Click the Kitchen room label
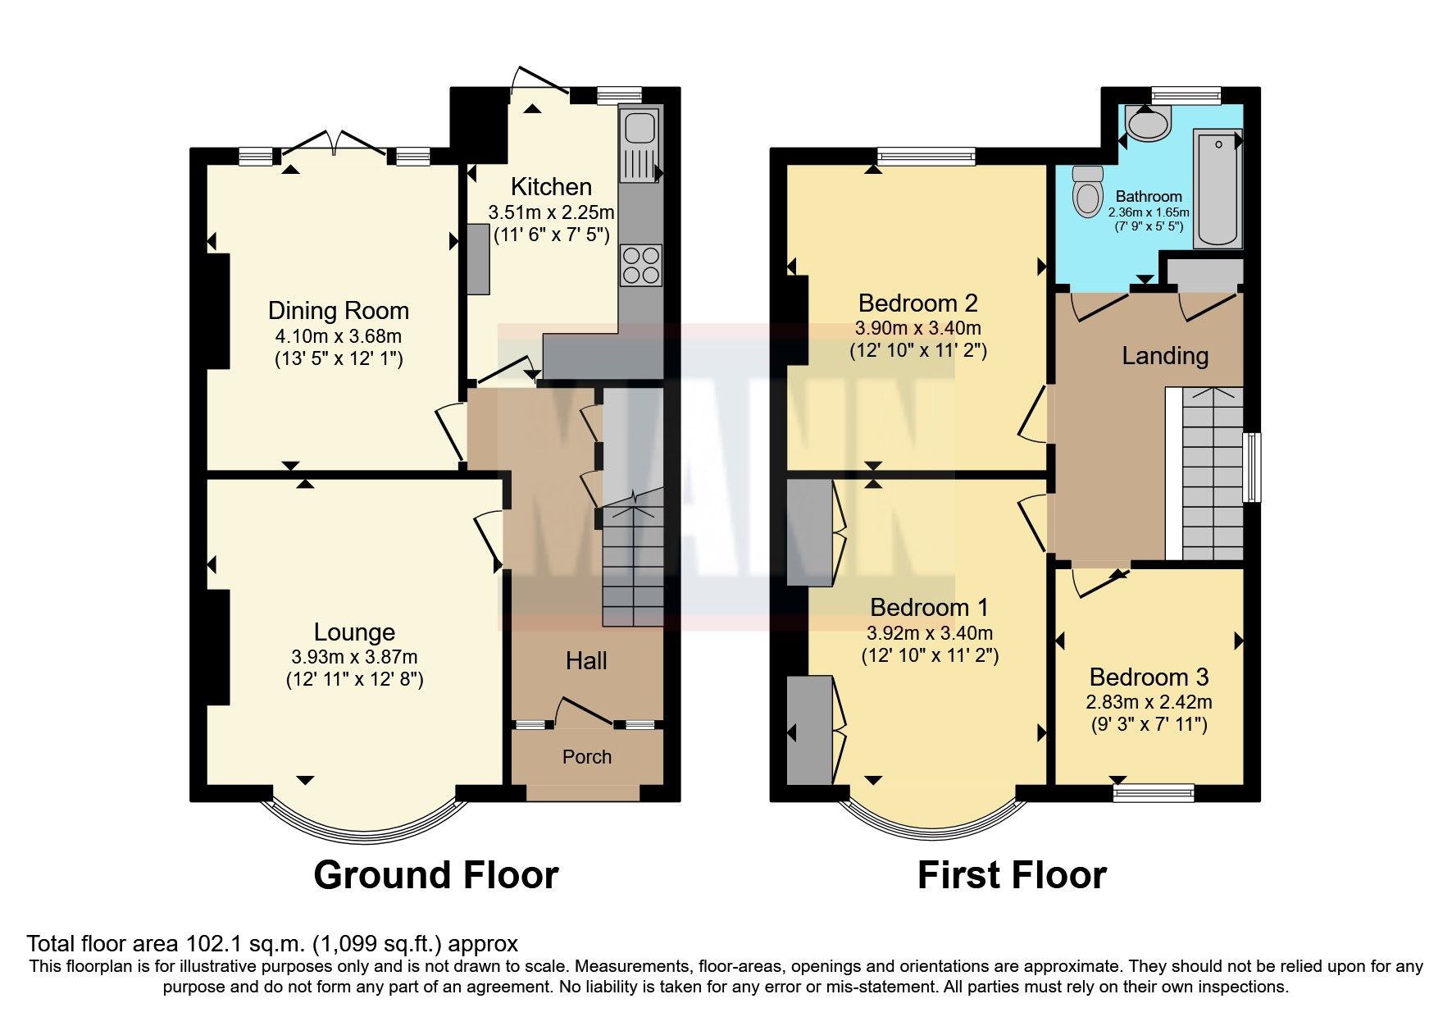pos(551,186)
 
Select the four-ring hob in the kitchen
pos(640,265)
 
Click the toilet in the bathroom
pos(1089,191)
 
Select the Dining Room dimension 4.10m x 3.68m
pos(338,336)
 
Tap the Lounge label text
pos(354,632)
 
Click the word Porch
pos(587,757)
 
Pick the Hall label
pos(586,661)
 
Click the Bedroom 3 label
pos(1149,677)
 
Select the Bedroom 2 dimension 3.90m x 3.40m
pos(917,329)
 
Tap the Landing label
pos(1165,356)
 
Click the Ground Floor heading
pos(436,875)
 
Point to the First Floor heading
pos(1012,875)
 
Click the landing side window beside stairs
pos(1251,467)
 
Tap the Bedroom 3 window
pos(1154,791)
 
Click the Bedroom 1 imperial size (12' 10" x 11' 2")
pos(930,656)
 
